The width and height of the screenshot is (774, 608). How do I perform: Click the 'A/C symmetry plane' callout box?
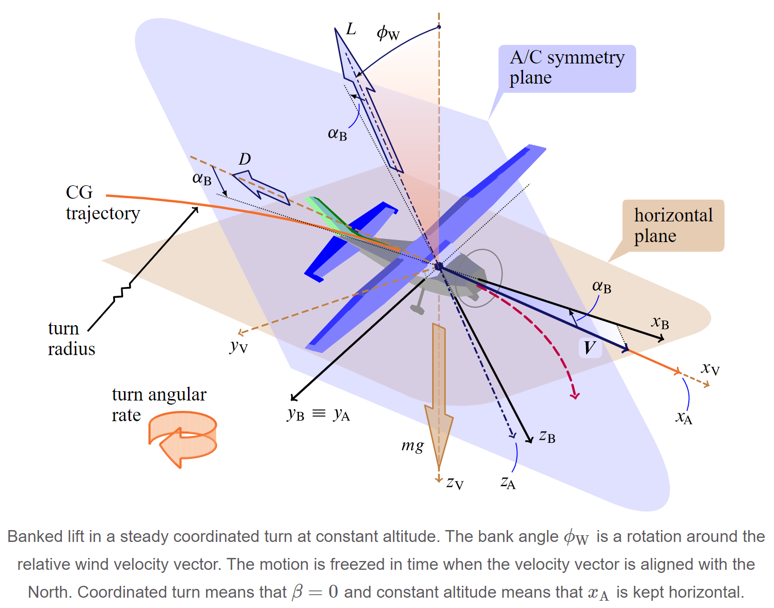(x=567, y=68)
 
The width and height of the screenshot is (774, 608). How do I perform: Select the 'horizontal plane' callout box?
(x=673, y=226)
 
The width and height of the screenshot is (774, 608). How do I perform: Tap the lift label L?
(x=351, y=29)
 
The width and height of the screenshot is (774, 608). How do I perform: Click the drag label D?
(x=245, y=159)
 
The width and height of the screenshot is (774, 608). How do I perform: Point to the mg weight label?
(x=413, y=445)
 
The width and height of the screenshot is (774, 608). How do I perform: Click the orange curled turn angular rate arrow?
(x=182, y=439)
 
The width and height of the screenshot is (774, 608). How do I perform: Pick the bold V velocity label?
(x=590, y=347)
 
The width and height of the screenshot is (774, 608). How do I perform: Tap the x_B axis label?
(x=660, y=322)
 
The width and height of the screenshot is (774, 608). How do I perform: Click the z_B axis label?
(x=547, y=436)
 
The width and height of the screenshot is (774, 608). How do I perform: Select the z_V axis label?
(x=455, y=483)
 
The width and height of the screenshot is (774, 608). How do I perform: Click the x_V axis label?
(x=710, y=369)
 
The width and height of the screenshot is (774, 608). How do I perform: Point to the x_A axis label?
(x=684, y=417)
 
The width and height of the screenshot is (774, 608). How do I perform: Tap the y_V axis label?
(x=239, y=346)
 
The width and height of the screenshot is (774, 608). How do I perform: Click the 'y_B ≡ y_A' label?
(x=319, y=414)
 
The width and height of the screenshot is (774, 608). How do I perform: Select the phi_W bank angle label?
(x=388, y=34)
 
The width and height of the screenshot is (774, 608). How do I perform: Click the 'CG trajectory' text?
(x=103, y=203)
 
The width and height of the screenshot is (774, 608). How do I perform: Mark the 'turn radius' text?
(x=72, y=339)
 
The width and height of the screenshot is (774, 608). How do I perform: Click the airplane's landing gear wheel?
(x=417, y=309)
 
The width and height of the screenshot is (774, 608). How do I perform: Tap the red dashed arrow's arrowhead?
(x=575, y=395)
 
